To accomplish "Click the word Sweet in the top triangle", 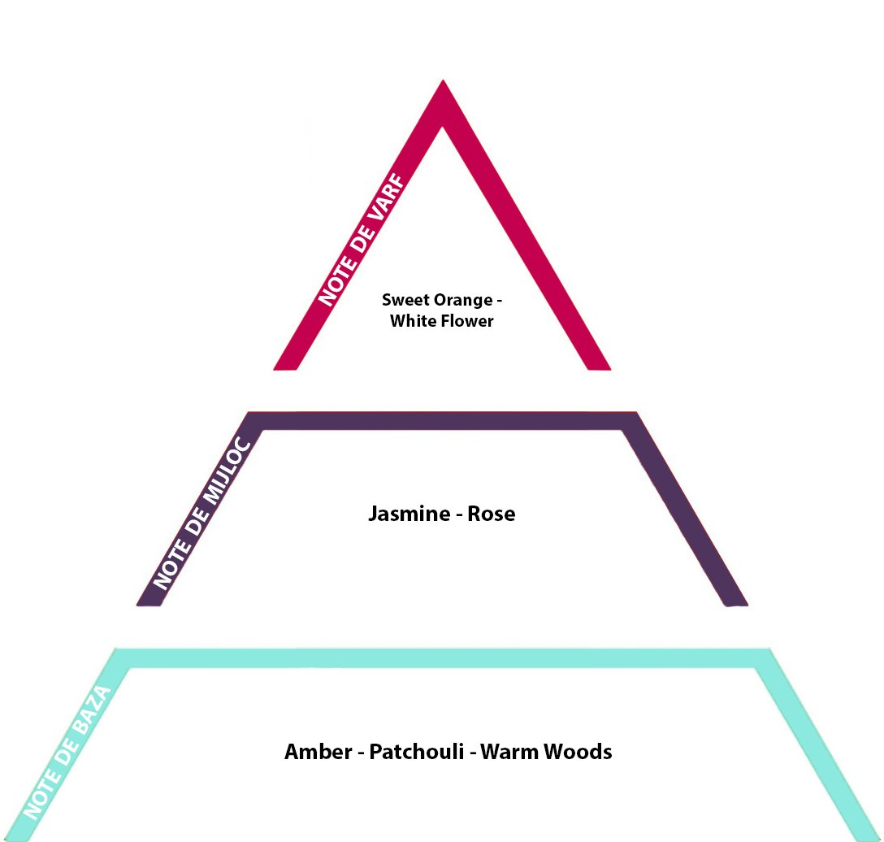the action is tap(401, 299).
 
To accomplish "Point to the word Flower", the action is tap(467, 321).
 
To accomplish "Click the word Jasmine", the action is tap(409, 513).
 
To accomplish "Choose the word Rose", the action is tap(491, 514).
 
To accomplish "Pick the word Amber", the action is tap(318, 751).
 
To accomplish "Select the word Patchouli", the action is tap(417, 752).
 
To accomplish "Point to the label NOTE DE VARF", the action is tap(362, 241).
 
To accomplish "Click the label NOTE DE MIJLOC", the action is tap(201, 513).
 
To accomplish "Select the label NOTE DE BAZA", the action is tap(67, 753).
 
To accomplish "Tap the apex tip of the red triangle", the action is tap(443, 80).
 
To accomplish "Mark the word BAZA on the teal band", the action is tap(92, 711).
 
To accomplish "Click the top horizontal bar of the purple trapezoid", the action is tap(443, 421).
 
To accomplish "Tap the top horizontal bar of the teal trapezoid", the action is tap(443, 658).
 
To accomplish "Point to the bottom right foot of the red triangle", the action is tap(600, 366).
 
